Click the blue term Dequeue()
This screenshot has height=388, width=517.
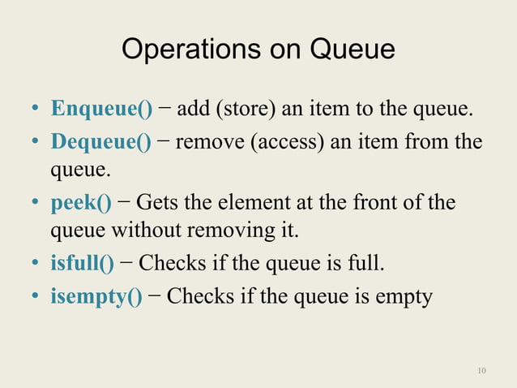pyautogui.click(x=101, y=143)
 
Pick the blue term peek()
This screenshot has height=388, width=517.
pyautogui.click(x=81, y=202)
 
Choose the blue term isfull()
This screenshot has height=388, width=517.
pyautogui.click(x=82, y=263)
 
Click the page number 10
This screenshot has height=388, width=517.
pyautogui.click(x=482, y=372)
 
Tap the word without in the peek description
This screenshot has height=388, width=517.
pyautogui.click(x=147, y=231)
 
